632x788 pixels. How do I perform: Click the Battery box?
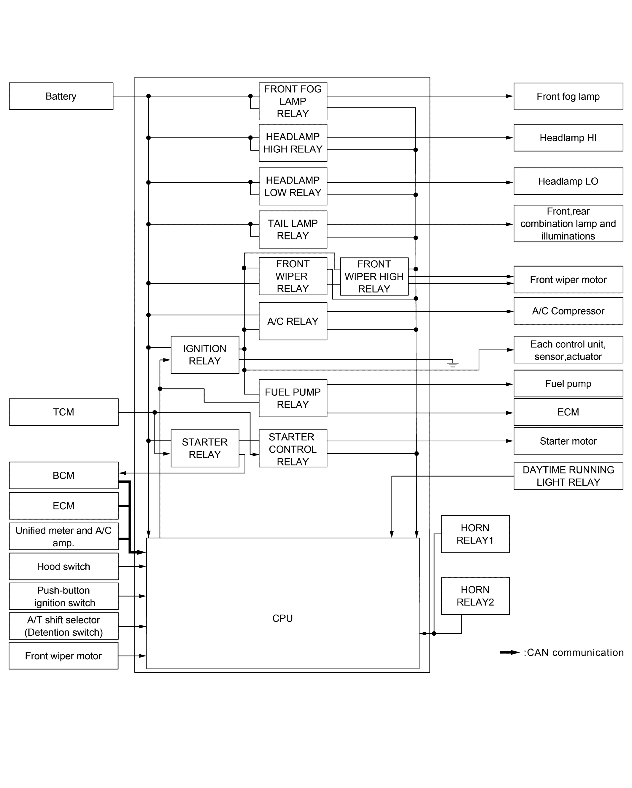61,96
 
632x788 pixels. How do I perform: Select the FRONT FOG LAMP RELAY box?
293,101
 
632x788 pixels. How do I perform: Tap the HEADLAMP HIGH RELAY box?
293,143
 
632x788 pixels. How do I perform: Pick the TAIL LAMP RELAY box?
293,229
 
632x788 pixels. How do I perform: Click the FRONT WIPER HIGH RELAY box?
374,276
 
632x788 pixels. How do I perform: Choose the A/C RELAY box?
293,321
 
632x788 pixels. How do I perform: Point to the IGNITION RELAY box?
204,355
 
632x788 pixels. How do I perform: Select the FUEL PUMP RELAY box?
293,398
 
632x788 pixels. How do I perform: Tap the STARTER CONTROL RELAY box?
293,449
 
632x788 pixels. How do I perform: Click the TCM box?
63,412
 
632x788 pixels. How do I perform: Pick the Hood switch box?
63,566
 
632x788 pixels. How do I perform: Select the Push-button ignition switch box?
63,596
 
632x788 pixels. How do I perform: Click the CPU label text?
282,618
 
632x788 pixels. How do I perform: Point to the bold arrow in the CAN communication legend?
510,652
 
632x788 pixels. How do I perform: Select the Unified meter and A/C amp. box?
63,536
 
